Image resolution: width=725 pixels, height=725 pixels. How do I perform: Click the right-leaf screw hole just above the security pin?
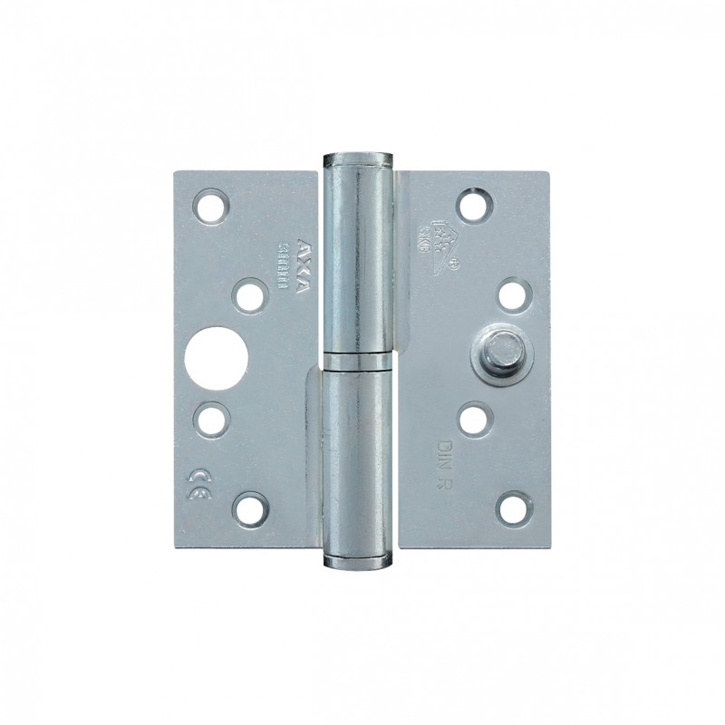[512, 294]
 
